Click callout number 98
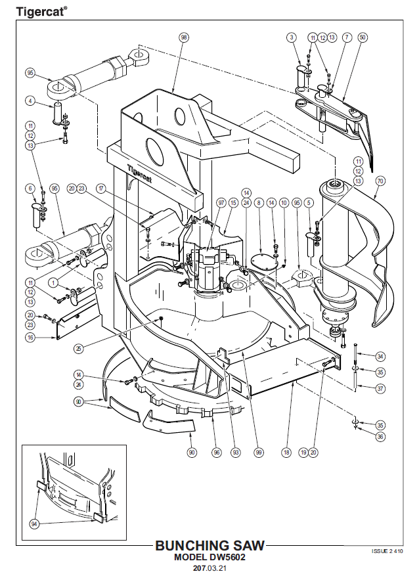click(x=183, y=37)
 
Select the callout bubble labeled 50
click(x=362, y=37)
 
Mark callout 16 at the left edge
click(x=30, y=338)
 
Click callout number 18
click(x=286, y=452)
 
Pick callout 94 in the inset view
click(x=34, y=524)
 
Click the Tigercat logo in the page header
click(x=33, y=11)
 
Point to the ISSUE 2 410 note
click(x=387, y=550)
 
